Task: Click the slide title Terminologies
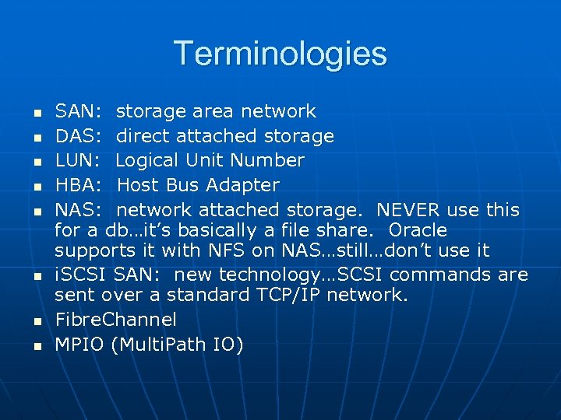pyautogui.click(x=280, y=54)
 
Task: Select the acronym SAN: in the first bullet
pyautogui.click(x=77, y=112)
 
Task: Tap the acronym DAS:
pyautogui.click(x=78, y=137)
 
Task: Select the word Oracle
pyautogui.click(x=418, y=231)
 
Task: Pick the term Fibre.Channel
pyautogui.click(x=115, y=320)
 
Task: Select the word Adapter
pyautogui.click(x=242, y=186)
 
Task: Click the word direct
pyautogui.click(x=143, y=137)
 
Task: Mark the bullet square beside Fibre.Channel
pyautogui.click(x=36, y=320)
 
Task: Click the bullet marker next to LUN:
pyautogui.click(x=36, y=162)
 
